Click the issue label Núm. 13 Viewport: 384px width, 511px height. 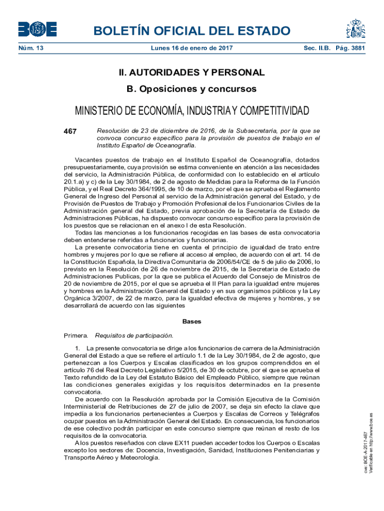coord(30,48)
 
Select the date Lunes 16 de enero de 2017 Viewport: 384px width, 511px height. coord(192,48)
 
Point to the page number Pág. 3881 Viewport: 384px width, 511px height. coord(351,48)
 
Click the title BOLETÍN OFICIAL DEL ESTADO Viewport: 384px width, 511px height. coord(192,30)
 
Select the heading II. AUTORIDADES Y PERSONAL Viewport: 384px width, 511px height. coord(192,73)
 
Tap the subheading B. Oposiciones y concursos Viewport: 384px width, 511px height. coord(192,89)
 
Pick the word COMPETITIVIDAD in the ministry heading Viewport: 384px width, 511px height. coord(269,110)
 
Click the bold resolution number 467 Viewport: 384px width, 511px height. coord(70,131)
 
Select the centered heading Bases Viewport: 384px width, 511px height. coord(192,321)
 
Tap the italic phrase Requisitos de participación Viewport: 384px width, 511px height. coord(134,335)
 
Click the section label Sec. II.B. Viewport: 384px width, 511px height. coord(317,48)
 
